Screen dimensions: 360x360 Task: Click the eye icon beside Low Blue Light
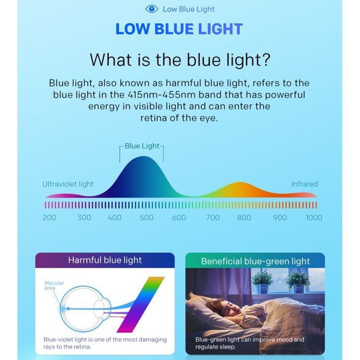pyautogui.click(x=152, y=9)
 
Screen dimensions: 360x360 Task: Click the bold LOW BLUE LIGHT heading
pyautogui.click(x=179, y=29)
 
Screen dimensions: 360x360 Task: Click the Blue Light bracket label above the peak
pyautogui.click(x=142, y=146)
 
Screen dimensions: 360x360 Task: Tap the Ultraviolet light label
pyautogui.click(x=68, y=184)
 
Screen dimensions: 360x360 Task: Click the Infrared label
pyautogui.click(x=304, y=184)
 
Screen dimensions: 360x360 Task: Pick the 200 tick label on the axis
pyautogui.click(x=50, y=217)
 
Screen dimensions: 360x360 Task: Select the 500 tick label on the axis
pyautogui.click(x=146, y=217)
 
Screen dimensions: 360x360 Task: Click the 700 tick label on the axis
pyautogui.click(x=213, y=217)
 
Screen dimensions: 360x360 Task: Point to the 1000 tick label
pyautogui.click(x=314, y=217)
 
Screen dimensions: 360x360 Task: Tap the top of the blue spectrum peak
pyautogui.click(x=143, y=157)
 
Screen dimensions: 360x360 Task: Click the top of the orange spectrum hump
pyautogui.click(x=240, y=182)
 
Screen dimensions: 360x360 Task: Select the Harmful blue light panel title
pyautogui.click(x=105, y=260)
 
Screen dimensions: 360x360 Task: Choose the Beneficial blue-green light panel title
pyautogui.click(x=255, y=261)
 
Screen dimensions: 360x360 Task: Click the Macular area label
pyautogui.click(x=54, y=286)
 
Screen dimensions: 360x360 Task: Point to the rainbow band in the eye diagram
pyautogui.click(x=140, y=304)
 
